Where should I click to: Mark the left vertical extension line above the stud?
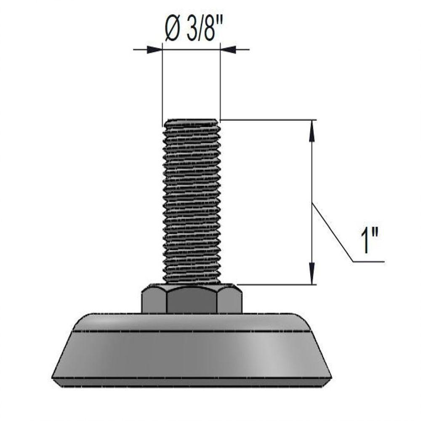click(x=163, y=84)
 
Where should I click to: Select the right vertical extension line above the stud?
click(x=221, y=84)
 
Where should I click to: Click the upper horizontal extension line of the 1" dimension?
click(x=269, y=120)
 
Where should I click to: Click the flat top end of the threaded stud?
click(x=192, y=120)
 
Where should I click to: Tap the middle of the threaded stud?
click(x=192, y=202)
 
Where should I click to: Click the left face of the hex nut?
click(x=153, y=300)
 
